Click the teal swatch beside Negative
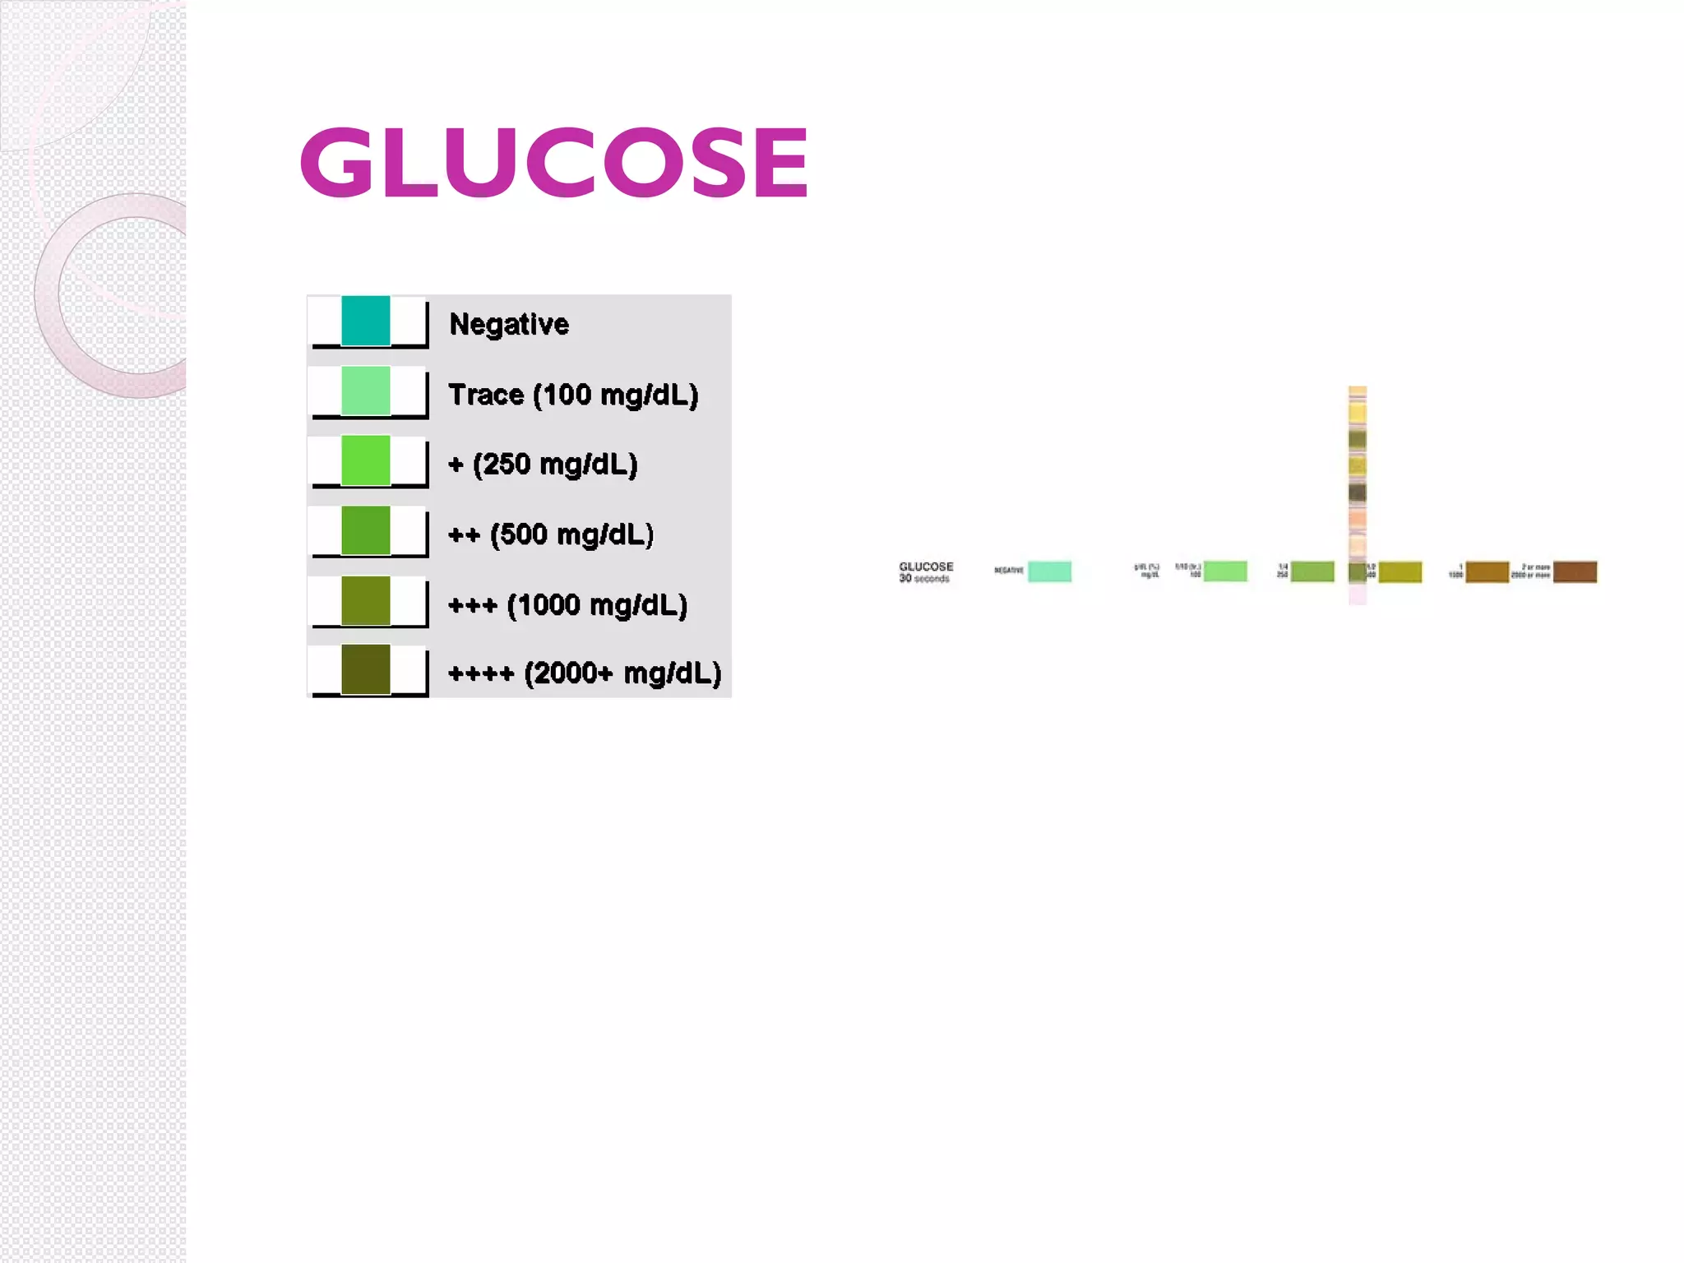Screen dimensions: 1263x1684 pos(366,321)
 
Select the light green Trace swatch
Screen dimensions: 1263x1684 pos(366,391)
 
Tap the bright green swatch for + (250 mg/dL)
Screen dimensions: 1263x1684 pos(366,460)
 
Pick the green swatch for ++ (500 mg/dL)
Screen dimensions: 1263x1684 pos(366,530)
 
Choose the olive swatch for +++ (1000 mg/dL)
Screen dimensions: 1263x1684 pos(366,600)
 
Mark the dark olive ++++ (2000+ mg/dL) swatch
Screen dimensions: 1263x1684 pos(366,669)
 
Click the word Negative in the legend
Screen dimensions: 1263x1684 pos(508,324)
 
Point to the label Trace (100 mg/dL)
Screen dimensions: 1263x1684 pos(573,395)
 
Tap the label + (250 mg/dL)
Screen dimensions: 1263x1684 pos(543,465)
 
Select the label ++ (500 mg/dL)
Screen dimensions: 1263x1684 pos(551,534)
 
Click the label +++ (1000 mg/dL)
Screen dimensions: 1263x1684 pos(567,605)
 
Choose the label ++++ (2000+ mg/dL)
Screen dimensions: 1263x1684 pos(585,673)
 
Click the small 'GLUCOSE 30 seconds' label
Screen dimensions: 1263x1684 pos(926,571)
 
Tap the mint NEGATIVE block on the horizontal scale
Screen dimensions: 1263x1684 pos(1050,571)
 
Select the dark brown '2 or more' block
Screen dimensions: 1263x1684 pos(1575,571)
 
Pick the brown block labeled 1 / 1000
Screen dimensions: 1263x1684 pos(1487,571)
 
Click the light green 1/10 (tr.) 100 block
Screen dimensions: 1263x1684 pos(1225,571)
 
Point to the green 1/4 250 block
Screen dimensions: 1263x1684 pos(1312,571)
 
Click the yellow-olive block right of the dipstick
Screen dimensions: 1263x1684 pos(1400,571)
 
